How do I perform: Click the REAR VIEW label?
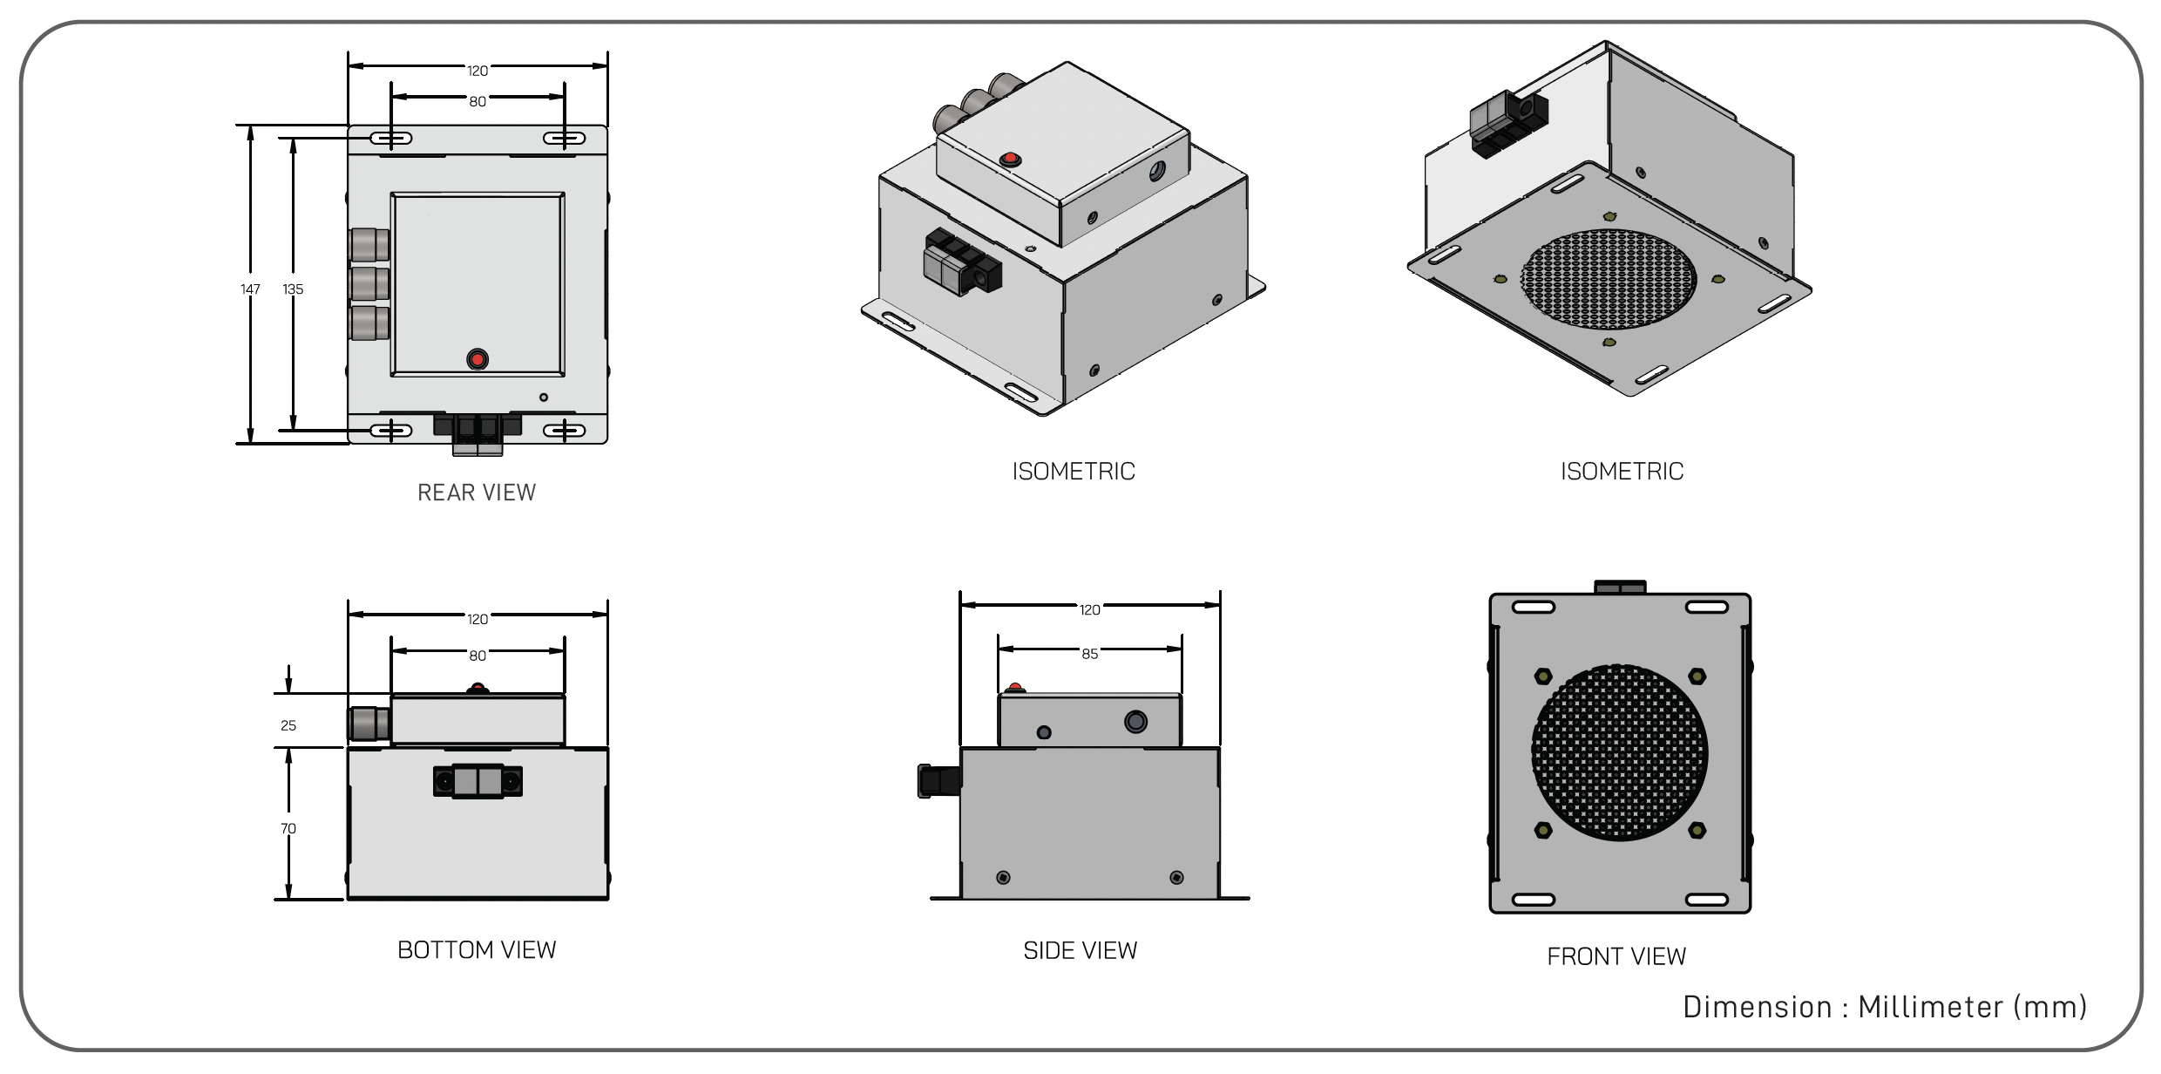click(x=476, y=493)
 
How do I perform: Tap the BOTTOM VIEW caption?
click(x=476, y=949)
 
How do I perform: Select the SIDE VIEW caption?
click(x=1080, y=950)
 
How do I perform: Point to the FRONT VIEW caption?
click(x=1616, y=956)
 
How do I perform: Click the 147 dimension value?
click(x=250, y=289)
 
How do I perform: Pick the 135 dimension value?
click(x=293, y=289)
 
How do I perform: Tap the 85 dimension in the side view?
click(x=1089, y=654)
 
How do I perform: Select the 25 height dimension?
click(x=288, y=725)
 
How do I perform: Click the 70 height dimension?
click(x=288, y=828)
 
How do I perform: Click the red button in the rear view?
click(x=477, y=359)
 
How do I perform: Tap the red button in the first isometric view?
click(x=1010, y=160)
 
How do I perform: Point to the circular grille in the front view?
click(x=1619, y=753)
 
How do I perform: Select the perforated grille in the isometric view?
click(x=1609, y=279)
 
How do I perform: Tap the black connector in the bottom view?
click(x=478, y=781)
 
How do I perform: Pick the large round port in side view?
click(x=1135, y=722)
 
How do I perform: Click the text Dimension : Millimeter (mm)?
click(x=1885, y=1007)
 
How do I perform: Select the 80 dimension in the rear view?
click(x=478, y=102)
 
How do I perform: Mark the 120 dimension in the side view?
click(x=1089, y=610)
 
